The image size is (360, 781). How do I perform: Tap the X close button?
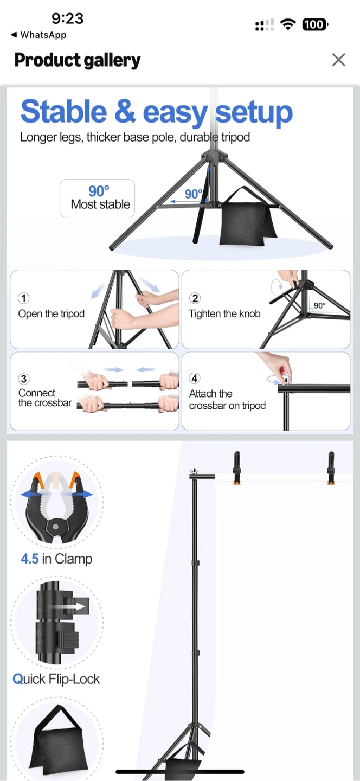click(338, 60)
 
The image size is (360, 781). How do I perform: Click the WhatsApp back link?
click(38, 35)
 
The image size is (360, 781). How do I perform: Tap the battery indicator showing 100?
click(315, 24)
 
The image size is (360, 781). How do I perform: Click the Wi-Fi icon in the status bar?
click(288, 24)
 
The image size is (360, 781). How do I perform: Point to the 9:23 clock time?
click(68, 18)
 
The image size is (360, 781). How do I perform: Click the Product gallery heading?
click(78, 60)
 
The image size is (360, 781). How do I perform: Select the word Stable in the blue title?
click(64, 111)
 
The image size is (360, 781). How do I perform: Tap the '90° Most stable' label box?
click(97, 198)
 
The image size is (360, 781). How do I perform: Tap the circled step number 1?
click(23, 298)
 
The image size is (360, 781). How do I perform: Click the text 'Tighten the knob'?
click(224, 314)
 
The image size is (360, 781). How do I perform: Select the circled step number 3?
click(23, 379)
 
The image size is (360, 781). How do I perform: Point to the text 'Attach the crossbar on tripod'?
click(227, 400)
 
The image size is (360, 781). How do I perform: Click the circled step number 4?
click(195, 379)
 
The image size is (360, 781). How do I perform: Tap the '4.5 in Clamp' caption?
click(56, 559)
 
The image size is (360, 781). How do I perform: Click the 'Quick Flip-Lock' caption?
click(56, 679)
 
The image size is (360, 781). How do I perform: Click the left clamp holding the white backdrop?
click(237, 468)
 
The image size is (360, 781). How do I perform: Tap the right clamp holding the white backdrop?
click(331, 468)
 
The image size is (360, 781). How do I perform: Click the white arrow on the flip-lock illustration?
click(68, 606)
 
